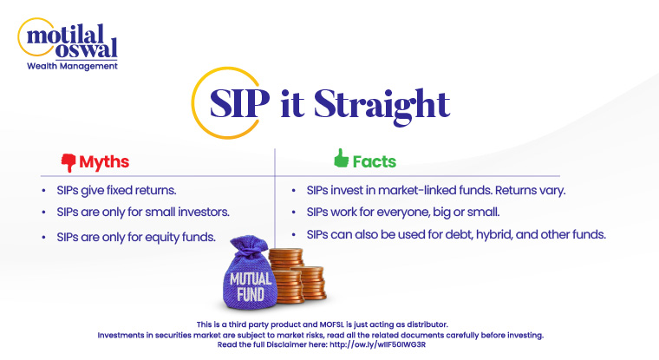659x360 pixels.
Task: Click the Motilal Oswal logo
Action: [x=68, y=38]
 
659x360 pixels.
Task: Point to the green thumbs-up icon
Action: [x=340, y=160]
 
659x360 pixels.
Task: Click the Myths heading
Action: [x=104, y=162]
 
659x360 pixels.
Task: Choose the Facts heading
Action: [x=374, y=161]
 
